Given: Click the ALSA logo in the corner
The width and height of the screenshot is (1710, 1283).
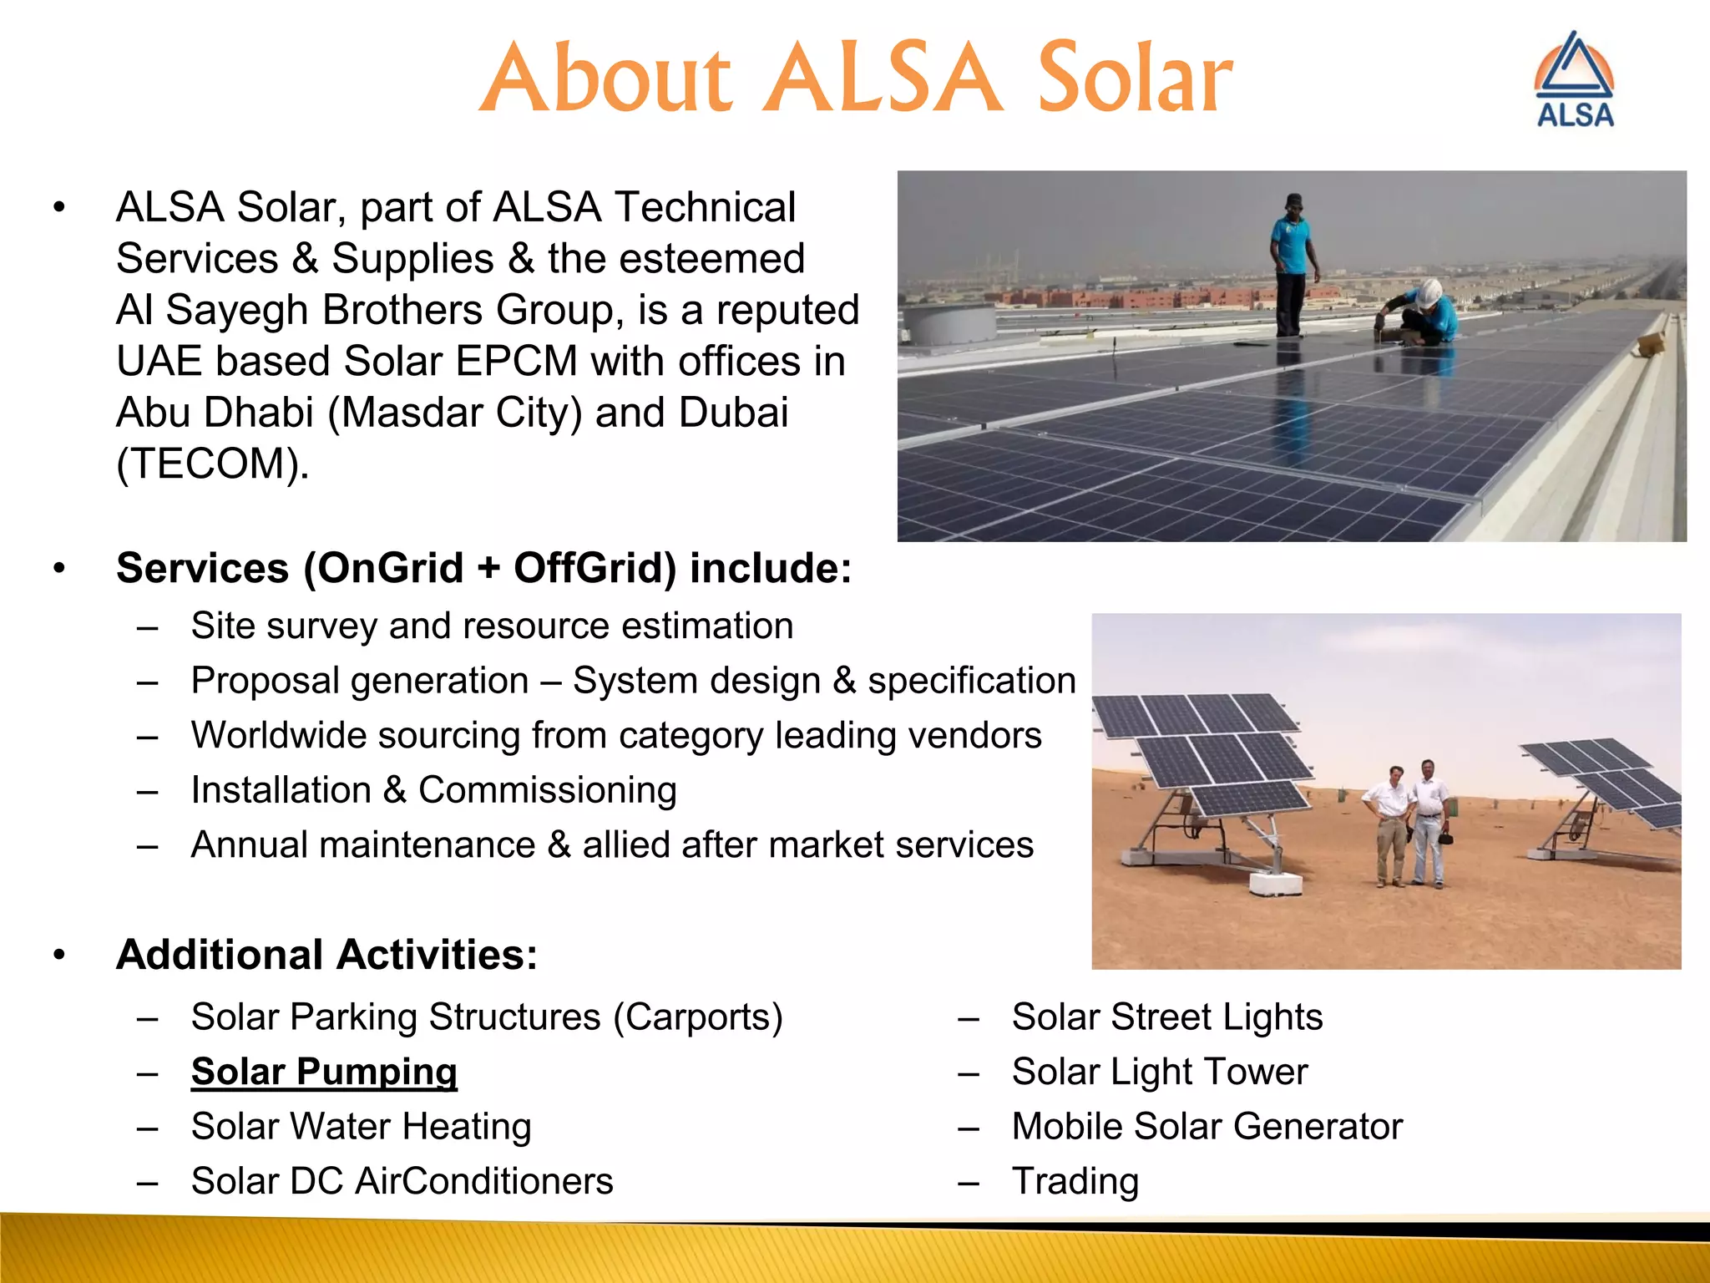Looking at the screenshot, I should (1575, 81).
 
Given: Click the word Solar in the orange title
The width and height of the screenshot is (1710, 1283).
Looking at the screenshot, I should (1134, 79).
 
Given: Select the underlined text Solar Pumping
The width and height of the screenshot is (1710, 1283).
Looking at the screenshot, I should (324, 1072).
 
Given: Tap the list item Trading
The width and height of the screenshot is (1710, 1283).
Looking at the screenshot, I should (1075, 1181).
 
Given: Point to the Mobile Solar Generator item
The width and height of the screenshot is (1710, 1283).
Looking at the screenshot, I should (1207, 1126).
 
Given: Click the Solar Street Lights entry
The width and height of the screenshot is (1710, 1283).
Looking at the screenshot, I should (1166, 1017).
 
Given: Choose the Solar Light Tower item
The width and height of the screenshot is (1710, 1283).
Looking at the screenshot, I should (1159, 1072).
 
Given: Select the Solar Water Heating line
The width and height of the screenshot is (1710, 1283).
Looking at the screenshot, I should (361, 1126).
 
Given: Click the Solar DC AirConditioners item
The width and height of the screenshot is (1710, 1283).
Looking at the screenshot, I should (402, 1181).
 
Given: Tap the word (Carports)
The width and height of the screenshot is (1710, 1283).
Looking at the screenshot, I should (698, 1017).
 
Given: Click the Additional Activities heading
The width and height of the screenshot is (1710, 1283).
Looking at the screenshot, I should (326, 955).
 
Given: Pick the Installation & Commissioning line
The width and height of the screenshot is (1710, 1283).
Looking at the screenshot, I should (433, 790).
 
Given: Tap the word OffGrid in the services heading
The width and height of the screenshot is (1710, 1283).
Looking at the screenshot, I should (594, 568).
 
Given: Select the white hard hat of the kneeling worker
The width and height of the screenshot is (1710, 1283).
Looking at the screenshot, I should (1429, 292).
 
